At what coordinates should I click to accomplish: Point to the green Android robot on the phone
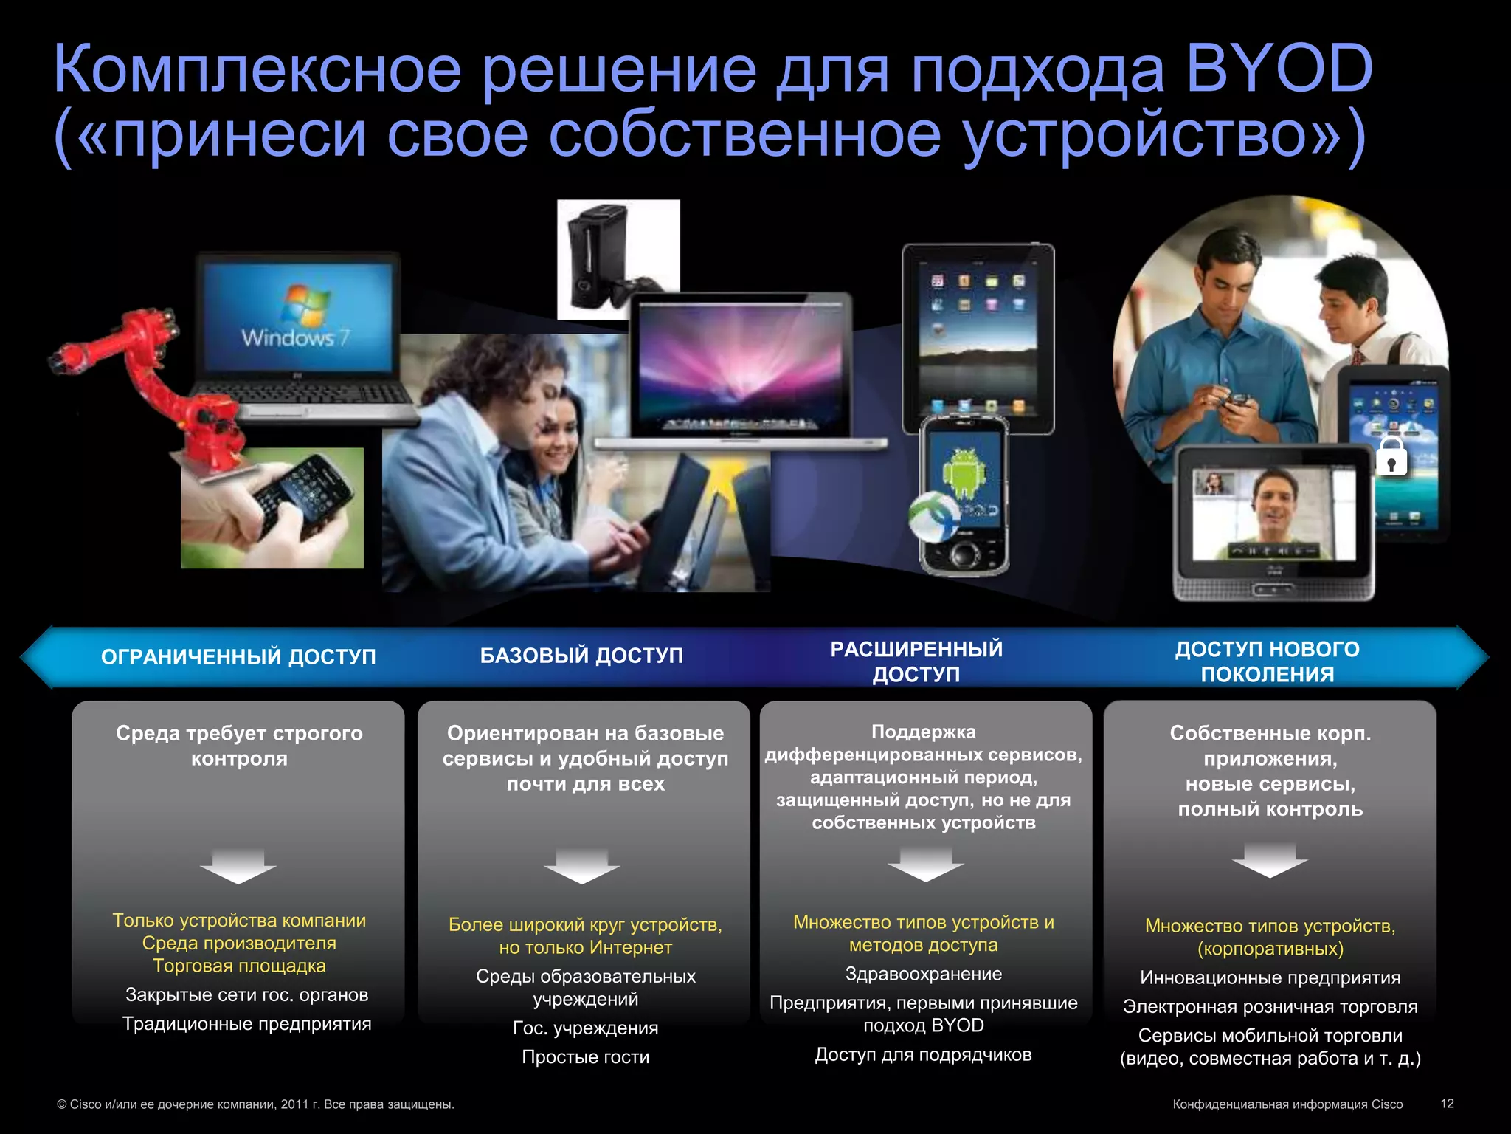coord(963,472)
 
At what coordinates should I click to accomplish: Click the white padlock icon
coord(1391,456)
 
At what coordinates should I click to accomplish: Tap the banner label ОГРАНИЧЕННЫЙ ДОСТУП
coord(238,656)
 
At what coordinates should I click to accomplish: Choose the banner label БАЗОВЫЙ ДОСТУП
coord(581,656)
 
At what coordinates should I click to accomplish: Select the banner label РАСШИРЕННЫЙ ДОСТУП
coord(916,661)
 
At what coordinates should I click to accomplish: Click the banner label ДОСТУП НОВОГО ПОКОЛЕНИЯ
coord(1267,661)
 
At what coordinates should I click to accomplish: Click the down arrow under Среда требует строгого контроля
coord(238,866)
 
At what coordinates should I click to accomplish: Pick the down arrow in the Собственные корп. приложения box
coord(1269,860)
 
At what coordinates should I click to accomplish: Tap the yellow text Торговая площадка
coord(239,966)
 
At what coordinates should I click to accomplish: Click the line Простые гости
coord(585,1056)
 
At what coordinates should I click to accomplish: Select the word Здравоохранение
coord(923,974)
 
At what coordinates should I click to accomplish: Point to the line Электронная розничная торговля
coord(1270,1006)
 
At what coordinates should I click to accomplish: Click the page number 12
coord(1447,1103)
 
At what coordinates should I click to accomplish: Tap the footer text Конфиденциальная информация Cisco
coord(1287,1104)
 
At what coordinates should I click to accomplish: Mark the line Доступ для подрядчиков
coord(923,1054)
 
